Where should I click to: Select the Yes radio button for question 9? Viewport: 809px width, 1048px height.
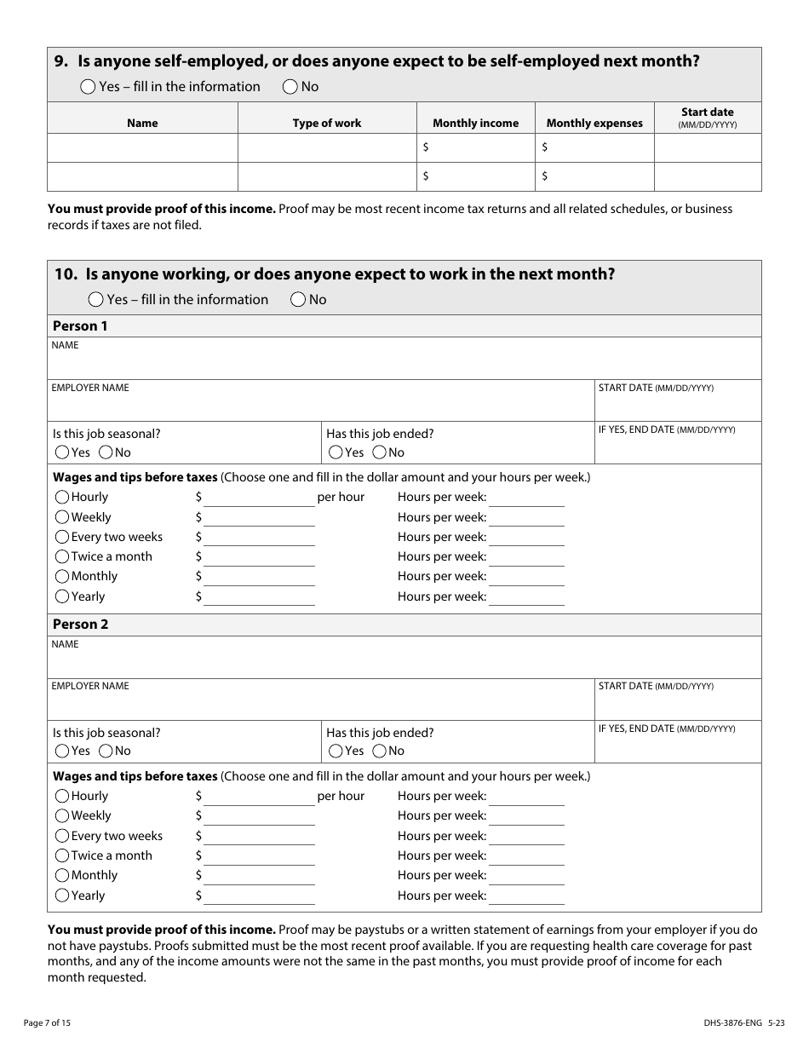click(89, 86)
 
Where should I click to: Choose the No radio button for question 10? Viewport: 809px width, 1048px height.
click(298, 299)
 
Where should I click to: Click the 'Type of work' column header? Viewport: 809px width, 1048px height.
click(327, 123)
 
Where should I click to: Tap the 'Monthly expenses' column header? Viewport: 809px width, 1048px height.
click(594, 123)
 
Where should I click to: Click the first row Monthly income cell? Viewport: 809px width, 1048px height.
click(475, 147)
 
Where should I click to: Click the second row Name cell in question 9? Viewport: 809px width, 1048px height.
click(142, 176)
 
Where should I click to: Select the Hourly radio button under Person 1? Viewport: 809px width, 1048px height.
click(62, 497)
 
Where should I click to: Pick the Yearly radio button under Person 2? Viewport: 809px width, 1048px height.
click(62, 895)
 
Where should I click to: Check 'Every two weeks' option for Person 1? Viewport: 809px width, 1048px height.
click(62, 537)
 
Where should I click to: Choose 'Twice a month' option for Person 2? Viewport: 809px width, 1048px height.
click(62, 855)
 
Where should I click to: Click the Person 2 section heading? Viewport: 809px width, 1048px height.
click(81, 624)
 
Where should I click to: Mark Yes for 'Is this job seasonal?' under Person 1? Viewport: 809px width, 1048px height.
click(62, 452)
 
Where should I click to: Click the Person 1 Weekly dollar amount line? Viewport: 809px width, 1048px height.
click(259, 517)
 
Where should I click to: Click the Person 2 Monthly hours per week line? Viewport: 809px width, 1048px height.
click(526, 876)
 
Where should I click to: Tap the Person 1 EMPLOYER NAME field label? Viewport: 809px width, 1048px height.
click(90, 388)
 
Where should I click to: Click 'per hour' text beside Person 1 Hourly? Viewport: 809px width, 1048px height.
click(341, 497)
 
